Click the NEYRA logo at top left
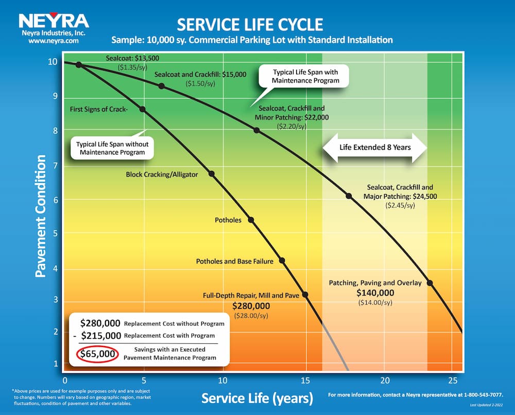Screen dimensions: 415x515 click(54, 21)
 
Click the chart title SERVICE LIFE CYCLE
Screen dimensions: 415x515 click(250, 24)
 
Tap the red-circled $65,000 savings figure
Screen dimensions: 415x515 click(98, 354)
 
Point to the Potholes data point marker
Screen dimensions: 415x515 click(251, 220)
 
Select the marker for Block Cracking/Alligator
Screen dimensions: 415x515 click(212, 174)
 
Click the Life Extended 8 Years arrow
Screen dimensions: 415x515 click(375, 147)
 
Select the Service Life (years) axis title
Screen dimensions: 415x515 click(257, 398)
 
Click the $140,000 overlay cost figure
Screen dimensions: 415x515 click(375, 293)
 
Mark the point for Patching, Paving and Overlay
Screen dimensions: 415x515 click(430, 283)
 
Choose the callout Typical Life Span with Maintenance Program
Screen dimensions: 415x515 click(305, 76)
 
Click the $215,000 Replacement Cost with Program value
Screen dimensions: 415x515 click(101, 336)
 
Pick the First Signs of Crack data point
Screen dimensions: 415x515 click(143, 109)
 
